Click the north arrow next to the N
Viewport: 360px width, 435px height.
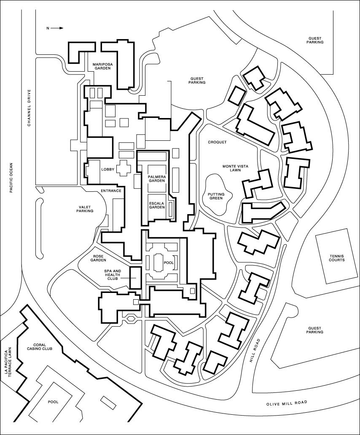coord(57,28)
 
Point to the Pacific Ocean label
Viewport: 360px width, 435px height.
coord(11,177)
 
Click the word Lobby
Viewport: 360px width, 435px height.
coord(108,169)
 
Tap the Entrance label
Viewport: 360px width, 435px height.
coord(111,191)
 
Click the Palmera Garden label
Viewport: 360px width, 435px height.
coord(157,179)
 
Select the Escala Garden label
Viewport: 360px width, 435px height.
coord(157,205)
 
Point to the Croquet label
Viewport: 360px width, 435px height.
coord(217,142)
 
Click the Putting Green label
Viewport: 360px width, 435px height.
coord(216,196)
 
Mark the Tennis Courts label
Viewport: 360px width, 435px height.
coord(337,258)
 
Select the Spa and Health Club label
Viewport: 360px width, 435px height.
coord(113,275)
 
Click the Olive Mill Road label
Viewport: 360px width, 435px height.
coord(287,403)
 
